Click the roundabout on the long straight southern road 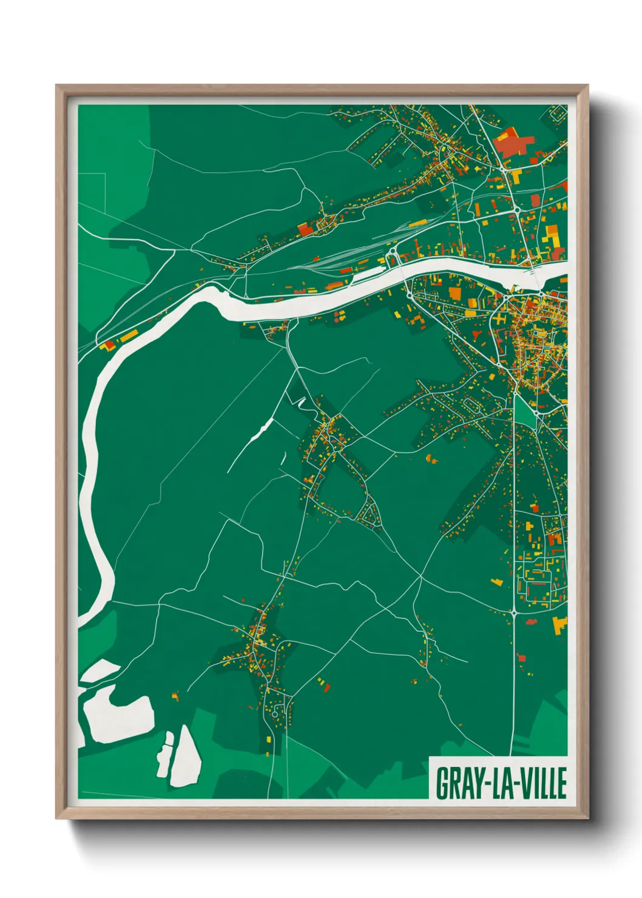[514, 613]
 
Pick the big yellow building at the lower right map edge [559, 624]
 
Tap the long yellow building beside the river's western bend [127, 336]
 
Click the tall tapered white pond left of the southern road [185, 755]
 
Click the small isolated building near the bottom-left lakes [175, 695]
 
